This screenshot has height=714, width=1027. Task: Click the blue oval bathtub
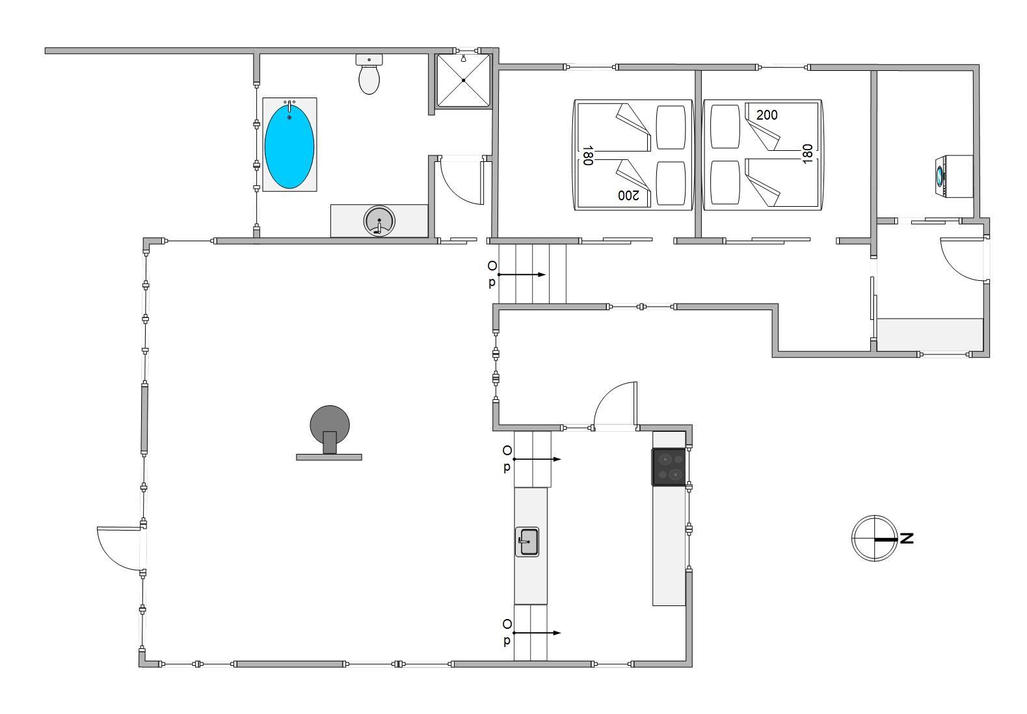289,146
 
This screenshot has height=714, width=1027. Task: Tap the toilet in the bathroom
369,74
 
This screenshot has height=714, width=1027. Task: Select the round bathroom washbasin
379,220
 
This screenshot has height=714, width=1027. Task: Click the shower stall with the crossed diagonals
463,81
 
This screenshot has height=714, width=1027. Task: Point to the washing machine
954,176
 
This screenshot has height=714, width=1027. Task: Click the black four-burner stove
669,466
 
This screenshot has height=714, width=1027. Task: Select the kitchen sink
527,542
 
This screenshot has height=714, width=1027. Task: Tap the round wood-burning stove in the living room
330,430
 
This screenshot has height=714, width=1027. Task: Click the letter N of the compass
907,538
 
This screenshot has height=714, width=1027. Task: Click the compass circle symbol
874,538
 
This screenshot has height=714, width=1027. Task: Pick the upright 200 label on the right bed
767,115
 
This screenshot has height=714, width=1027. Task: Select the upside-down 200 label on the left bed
628,195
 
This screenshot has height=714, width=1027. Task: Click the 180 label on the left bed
588,155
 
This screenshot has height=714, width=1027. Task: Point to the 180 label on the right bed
807,154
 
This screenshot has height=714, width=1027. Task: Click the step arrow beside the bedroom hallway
522,274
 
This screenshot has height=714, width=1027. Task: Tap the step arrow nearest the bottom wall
537,633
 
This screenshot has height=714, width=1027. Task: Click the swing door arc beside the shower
460,181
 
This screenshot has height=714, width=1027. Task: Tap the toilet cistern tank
369,60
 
